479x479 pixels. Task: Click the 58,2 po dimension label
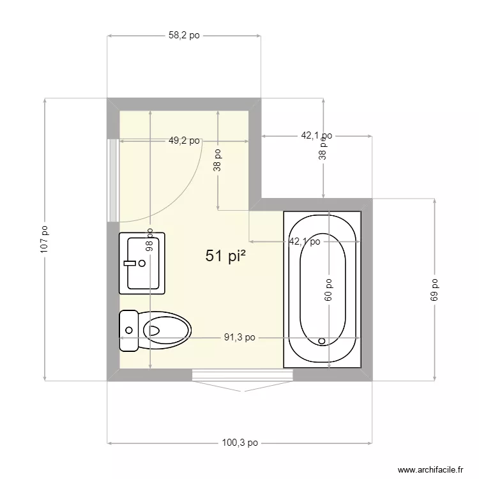(184, 36)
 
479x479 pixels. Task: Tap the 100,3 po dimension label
(240, 442)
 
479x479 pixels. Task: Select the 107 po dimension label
(44, 240)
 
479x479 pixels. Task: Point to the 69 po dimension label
(435, 289)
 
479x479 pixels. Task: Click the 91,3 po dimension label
(240, 338)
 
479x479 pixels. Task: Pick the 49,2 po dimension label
(184, 141)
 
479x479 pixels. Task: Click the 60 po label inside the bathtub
(328, 289)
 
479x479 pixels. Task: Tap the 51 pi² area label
(226, 256)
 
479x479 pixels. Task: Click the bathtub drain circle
(322, 341)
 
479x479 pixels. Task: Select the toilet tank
(129, 330)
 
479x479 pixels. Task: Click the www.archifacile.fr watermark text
(430, 469)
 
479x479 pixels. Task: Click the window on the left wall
(112, 179)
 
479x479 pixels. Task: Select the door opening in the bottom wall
(242, 376)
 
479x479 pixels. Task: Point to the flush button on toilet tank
(129, 330)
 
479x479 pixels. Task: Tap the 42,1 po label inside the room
(305, 241)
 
